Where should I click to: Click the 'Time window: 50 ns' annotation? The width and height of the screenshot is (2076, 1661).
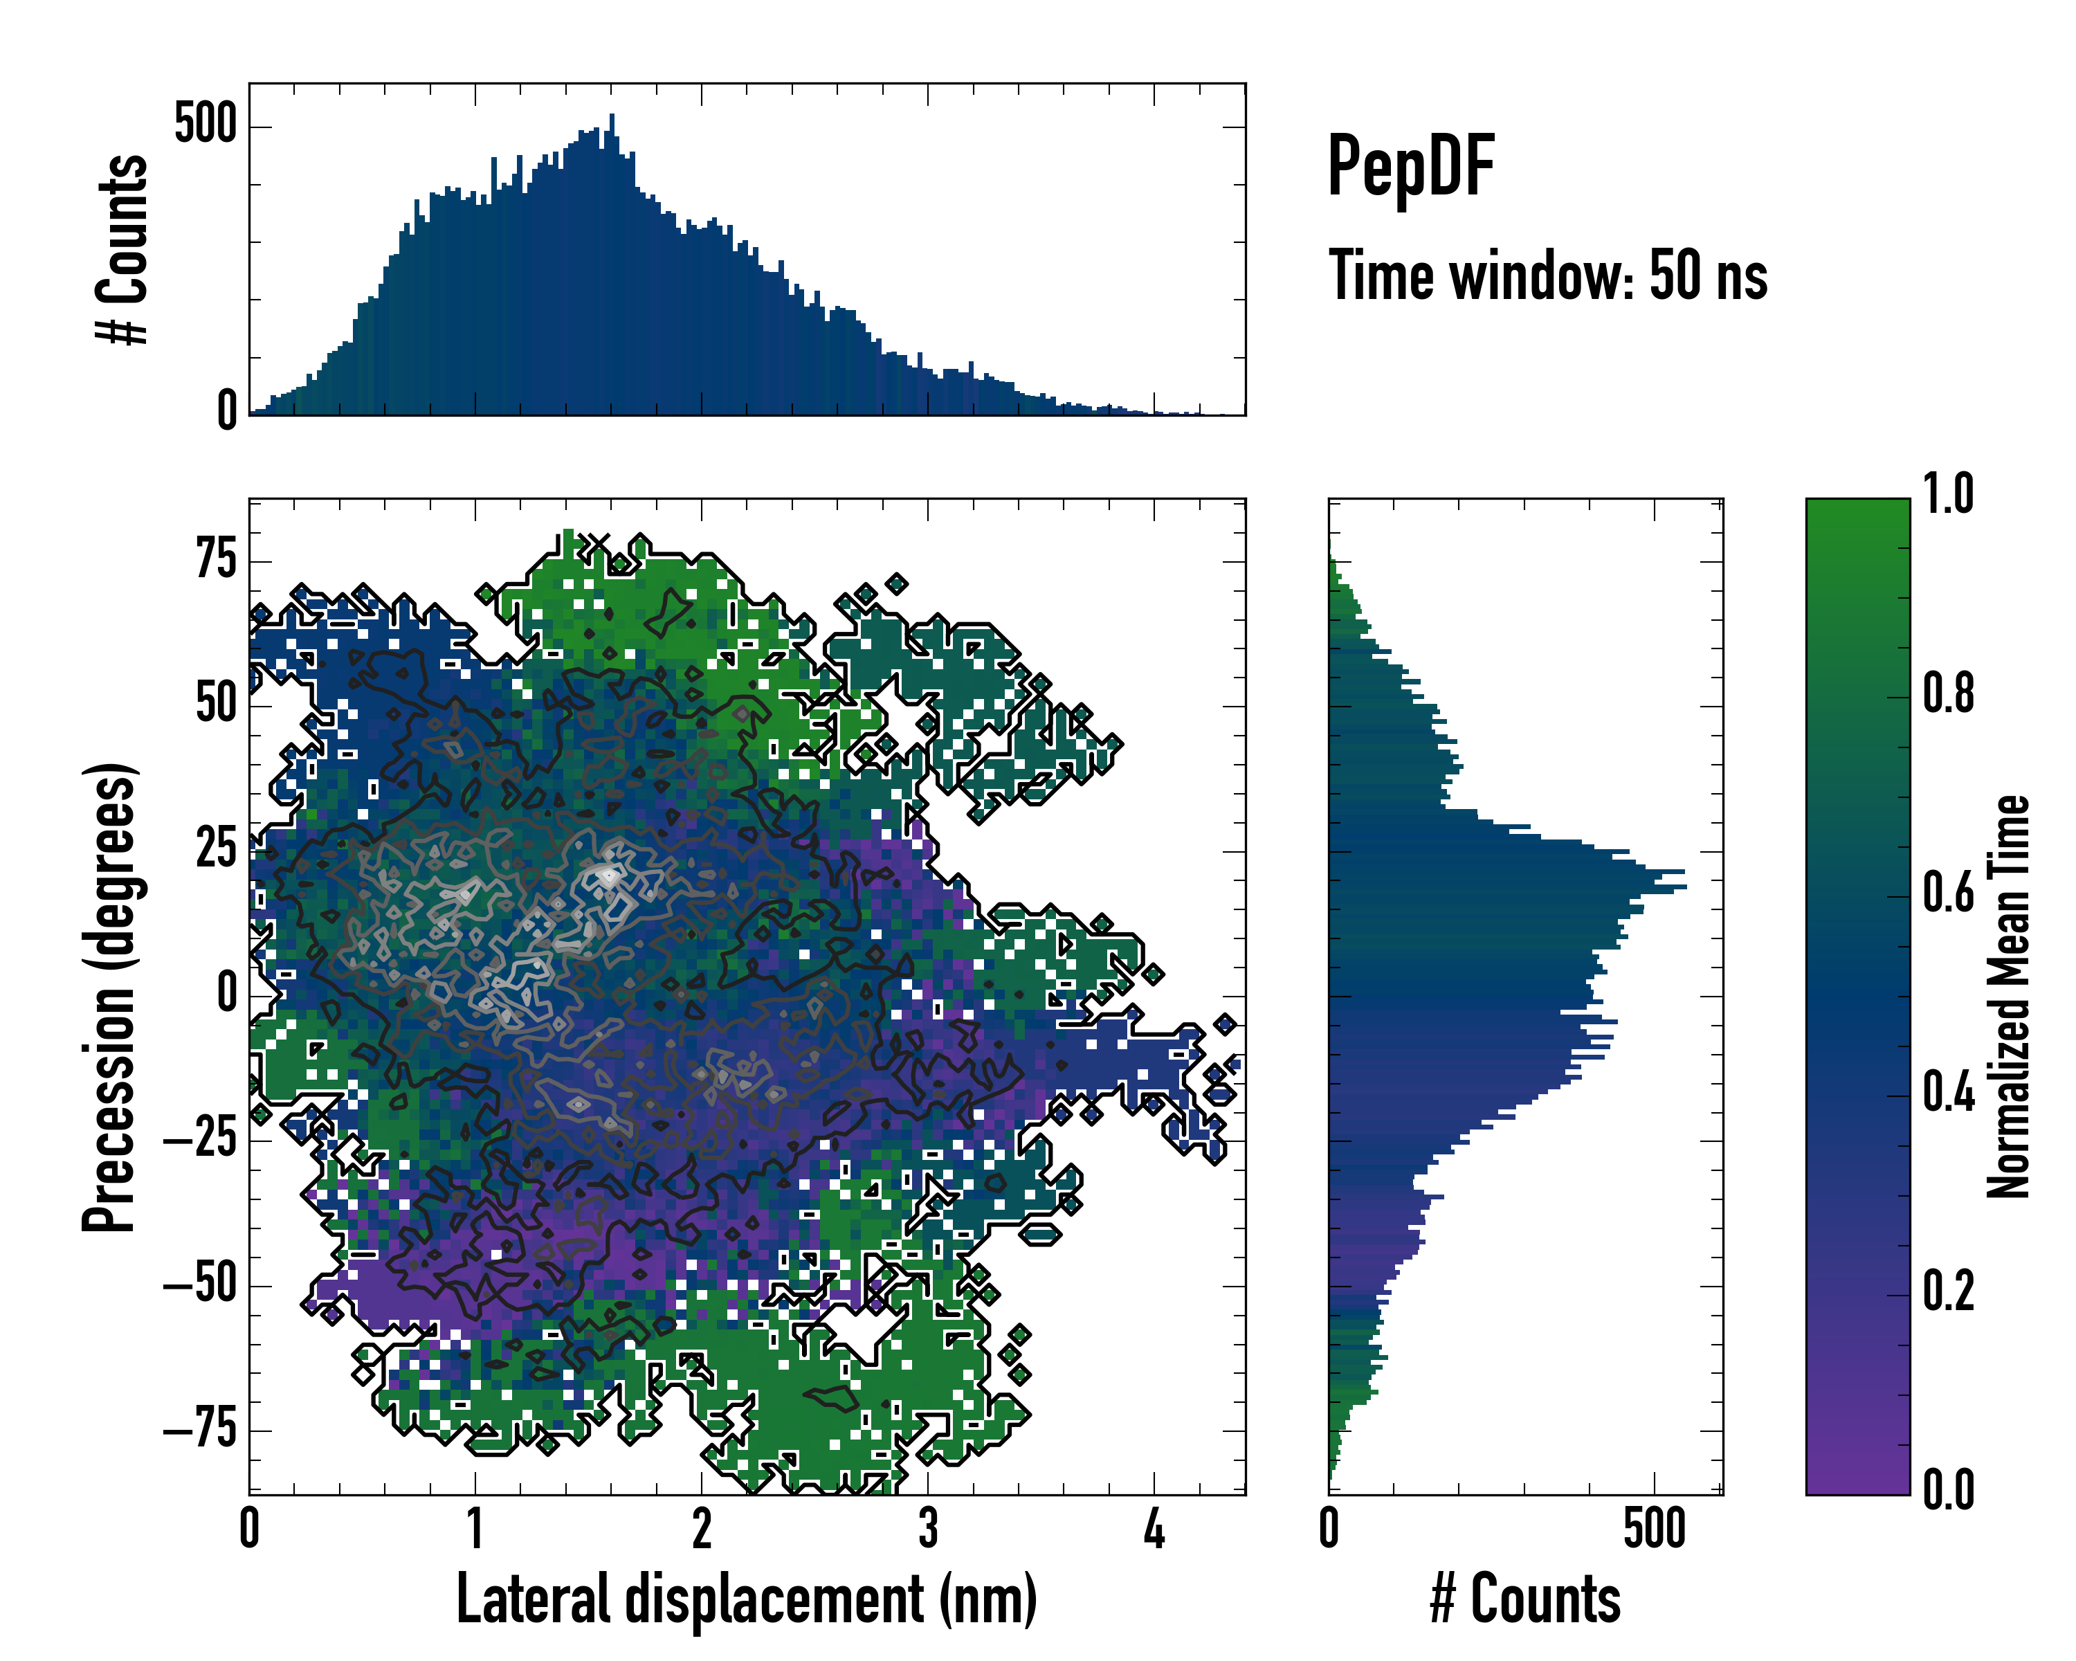(x=1547, y=276)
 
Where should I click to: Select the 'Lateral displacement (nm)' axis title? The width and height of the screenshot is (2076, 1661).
(x=746, y=1599)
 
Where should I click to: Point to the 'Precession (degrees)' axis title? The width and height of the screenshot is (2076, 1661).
(x=109, y=997)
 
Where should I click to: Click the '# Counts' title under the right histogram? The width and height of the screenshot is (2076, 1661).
(x=1525, y=1599)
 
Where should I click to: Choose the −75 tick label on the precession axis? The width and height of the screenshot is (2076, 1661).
(x=200, y=1430)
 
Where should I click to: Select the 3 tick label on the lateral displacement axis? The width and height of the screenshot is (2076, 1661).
(x=927, y=1530)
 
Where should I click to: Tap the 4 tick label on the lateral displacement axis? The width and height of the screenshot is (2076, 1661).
(x=1154, y=1530)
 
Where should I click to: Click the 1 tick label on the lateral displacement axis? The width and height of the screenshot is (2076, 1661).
(x=475, y=1530)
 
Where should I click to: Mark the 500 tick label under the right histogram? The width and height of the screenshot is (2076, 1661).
(x=1655, y=1530)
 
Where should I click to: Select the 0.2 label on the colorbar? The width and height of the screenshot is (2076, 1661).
(x=1948, y=1291)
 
